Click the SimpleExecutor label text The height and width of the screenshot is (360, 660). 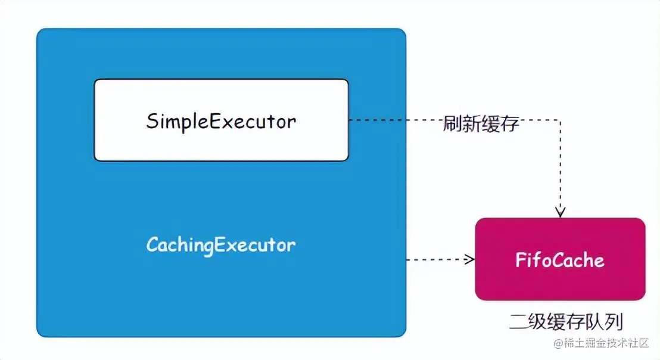pos(221,121)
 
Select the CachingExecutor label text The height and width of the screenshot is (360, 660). pos(221,244)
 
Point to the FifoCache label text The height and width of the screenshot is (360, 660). pos(559,260)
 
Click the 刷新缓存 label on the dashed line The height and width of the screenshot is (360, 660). pos(481,125)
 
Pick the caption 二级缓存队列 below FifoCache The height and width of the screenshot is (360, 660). pos(566,322)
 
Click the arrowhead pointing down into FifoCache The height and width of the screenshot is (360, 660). pos(560,213)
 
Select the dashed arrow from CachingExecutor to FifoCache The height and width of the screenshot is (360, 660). pos(438,259)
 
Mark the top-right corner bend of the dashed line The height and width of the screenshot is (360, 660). pos(560,120)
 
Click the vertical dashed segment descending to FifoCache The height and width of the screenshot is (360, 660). pos(560,167)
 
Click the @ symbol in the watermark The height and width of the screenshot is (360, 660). pos(558,344)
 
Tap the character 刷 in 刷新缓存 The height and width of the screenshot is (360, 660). pos(452,125)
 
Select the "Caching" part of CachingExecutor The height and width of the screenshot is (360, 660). pos(180,245)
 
